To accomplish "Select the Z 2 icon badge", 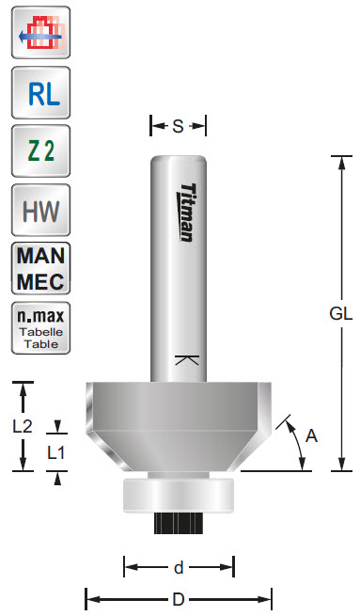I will point(39,151).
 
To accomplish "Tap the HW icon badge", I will point(39,210).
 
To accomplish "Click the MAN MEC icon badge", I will point(39,269).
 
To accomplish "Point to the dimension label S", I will point(179,126).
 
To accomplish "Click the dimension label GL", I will point(340,315).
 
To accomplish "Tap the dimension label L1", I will point(57,451).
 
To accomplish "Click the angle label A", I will point(312,434).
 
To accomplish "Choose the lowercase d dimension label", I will point(179,567).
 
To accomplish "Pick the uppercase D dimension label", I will point(179,598).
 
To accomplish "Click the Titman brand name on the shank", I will point(185,212).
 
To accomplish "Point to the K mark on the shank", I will point(185,360).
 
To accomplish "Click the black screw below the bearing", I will point(179,523).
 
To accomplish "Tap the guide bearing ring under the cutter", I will point(179,495).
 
